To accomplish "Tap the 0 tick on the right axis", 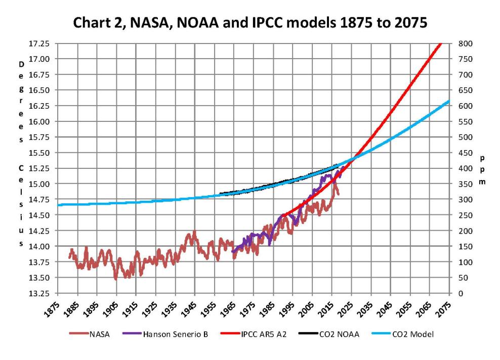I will [459, 293].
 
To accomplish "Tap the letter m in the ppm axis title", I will [482, 181].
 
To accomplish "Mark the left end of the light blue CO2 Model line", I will [59, 205].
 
